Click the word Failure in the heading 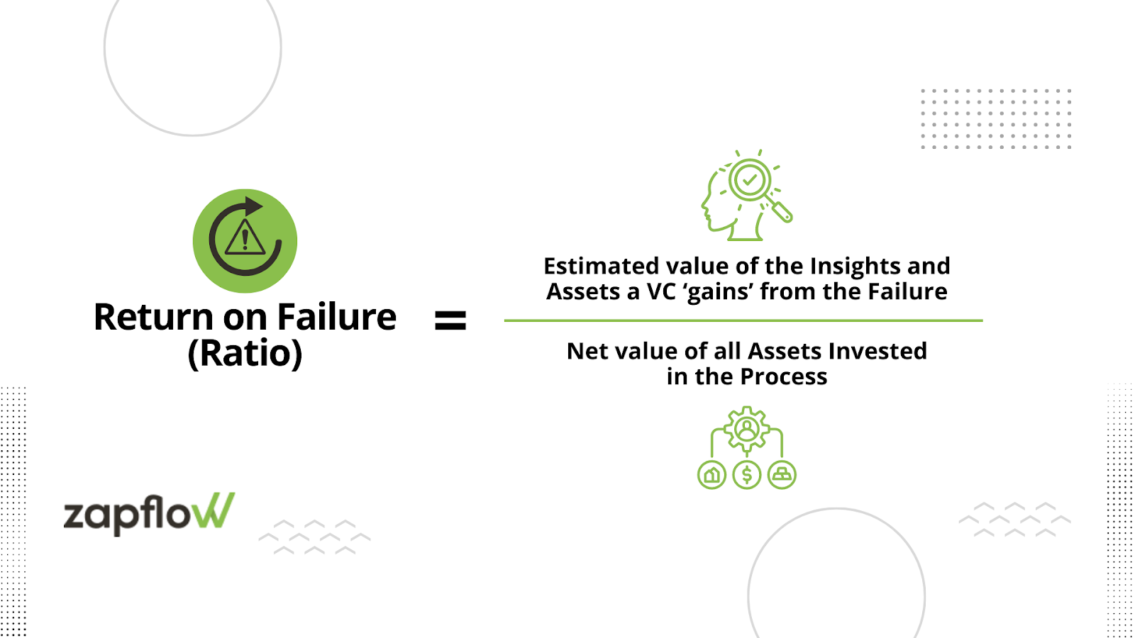point(336,317)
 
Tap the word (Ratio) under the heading point(245,353)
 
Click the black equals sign point(450,320)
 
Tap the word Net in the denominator point(585,351)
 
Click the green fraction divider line point(743,320)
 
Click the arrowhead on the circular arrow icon point(253,206)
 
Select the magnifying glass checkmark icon point(750,179)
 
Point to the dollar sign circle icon point(747,475)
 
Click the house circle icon point(712,475)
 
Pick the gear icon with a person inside point(747,428)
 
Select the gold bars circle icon point(782,475)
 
